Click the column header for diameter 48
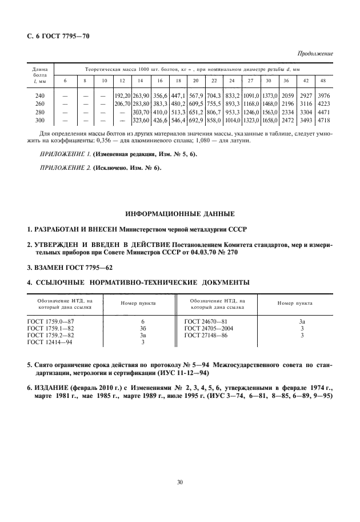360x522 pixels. (x=323, y=80)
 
